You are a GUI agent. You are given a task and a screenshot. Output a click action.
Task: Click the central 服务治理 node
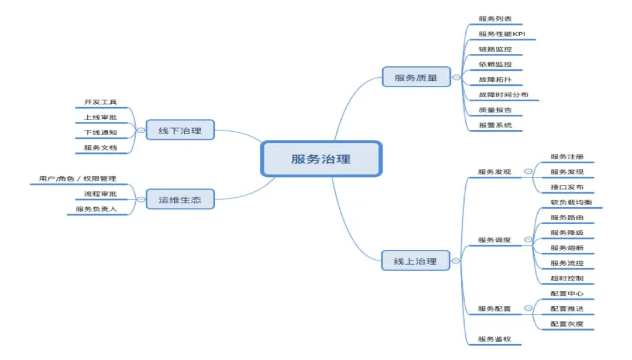pyautogui.click(x=321, y=158)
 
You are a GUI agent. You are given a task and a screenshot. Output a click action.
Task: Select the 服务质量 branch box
pyautogui.click(x=416, y=77)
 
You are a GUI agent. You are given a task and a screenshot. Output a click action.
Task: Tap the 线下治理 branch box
pyautogui.click(x=180, y=131)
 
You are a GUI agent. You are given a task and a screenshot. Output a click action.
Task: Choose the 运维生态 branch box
pyautogui.click(x=180, y=200)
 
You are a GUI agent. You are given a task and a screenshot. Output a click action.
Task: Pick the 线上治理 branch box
pyautogui.click(x=415, y=261)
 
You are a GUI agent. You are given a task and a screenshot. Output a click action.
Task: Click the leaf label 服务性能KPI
pyautogui.click(x=502, y=34)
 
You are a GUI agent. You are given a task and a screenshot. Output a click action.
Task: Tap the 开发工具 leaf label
pyautogui.click(x=101, y=102)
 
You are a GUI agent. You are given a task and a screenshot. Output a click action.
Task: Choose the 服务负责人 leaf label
pyautogui.click(x=97, y=209)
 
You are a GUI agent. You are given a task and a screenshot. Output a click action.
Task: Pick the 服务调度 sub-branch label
pyautogui.click(x=494, y=240)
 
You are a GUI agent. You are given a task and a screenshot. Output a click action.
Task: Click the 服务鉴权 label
pyautogui.click(x=494, y=339)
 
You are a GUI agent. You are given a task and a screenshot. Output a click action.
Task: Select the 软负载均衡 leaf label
pyautogui.click(x=570, y=203)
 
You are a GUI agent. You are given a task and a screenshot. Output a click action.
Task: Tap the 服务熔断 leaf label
pyautogui.click(x=566, y=248)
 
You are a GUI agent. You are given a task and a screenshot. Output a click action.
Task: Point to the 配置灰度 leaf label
pyautogui.click(x=566, y=324)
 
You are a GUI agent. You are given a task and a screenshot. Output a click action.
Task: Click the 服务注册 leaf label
pyautogui.click(x=566, y=157)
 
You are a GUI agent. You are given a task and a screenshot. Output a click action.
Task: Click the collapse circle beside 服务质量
pyautogui.click(x=456, y=77)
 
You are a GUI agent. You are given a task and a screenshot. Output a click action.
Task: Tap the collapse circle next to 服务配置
pyautogui.click(x=528, y=308)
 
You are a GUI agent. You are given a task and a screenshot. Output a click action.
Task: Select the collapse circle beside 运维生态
pyautogui.click(x=141, y=200)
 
